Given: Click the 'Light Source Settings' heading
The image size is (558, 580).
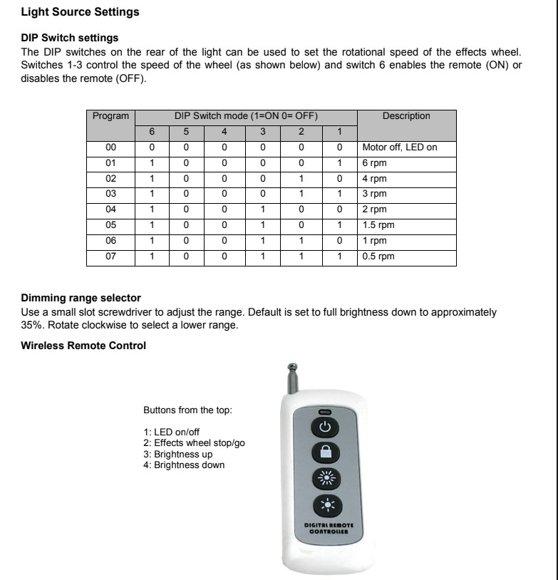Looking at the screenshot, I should pos(80,12).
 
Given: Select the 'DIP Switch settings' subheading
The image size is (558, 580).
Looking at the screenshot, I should pos(70,37).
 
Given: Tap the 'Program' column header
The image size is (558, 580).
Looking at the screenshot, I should pos(110,116).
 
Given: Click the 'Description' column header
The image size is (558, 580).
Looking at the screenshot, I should pos(406,116).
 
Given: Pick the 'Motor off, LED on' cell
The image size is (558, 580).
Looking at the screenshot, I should pos(400,147).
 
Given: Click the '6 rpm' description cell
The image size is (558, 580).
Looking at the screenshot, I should pos(375,163).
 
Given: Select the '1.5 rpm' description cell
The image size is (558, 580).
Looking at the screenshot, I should pos(378,225).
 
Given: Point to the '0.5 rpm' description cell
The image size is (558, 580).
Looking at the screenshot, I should pos(378,257).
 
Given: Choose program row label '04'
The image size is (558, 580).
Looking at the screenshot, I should pos(110,209).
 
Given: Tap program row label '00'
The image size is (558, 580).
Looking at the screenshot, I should pos(110,147).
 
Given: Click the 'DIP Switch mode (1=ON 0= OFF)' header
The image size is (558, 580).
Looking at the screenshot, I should pos(246,116).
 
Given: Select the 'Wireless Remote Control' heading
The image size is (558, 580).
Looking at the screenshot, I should pos(83,346).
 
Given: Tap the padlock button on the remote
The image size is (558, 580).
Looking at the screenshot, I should pos(324,452).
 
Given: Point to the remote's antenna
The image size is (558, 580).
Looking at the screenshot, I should pos(291,378).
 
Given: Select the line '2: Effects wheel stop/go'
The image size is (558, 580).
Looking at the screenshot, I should pos(195,443).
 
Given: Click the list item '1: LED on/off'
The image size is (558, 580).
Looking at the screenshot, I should pos(172,432).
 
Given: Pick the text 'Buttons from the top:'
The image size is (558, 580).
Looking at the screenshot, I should pos(187,410).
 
